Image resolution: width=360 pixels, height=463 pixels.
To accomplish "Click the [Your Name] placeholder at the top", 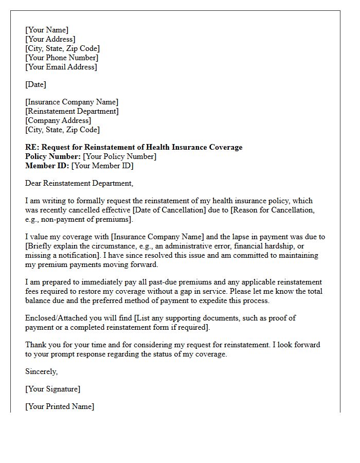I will [x=47, y=30].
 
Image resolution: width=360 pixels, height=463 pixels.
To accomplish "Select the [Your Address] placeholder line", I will [x=50, y=39].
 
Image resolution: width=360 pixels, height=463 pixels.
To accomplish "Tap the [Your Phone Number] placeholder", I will [x=61, y=58].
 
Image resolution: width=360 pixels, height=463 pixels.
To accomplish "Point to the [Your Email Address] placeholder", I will [x=61, y=67].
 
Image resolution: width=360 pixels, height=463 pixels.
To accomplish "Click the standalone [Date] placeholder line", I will [x=35, y=84].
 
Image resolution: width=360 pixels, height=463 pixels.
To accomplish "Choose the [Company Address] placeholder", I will [x=58, y=120].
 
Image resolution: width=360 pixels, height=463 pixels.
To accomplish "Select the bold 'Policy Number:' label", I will [x=53, y=156].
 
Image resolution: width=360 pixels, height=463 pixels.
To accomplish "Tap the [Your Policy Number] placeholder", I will [x=119, y=156].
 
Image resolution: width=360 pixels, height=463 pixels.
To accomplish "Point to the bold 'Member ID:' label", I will [x=47, y=166].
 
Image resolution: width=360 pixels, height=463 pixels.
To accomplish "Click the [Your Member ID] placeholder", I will [x=102, y=166].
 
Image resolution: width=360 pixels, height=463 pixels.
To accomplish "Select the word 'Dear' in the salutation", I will [x=33, y=183].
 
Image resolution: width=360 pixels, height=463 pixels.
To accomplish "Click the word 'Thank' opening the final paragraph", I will [x=35, y=345].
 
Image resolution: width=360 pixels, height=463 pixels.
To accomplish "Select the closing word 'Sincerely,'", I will [x=42, y=371].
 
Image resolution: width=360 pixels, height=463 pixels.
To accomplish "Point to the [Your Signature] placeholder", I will [x=53, y=389].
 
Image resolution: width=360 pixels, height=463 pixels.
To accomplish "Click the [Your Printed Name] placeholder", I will [x=60, y=406].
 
